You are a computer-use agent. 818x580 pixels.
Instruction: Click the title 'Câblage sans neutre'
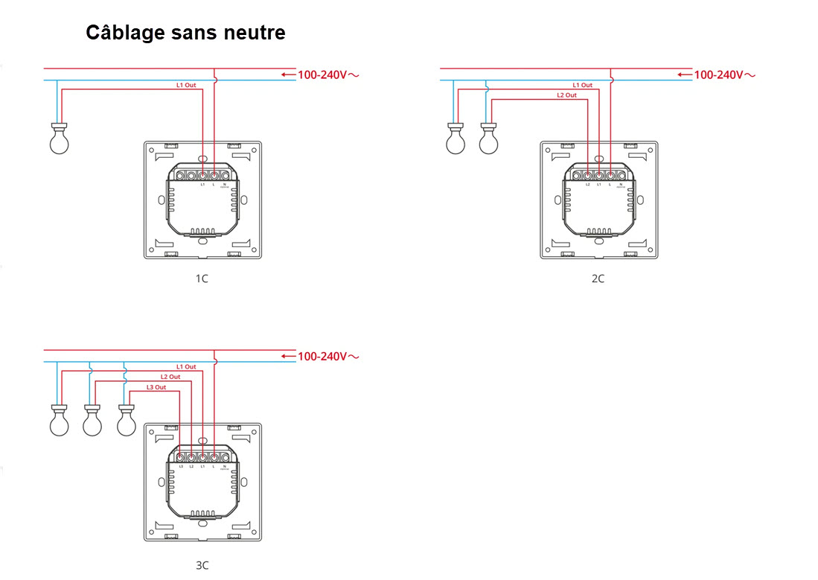click(x=185, y=33)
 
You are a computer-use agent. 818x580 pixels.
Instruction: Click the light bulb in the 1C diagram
click(x=58, y=139)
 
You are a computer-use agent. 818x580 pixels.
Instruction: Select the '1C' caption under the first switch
click(x=202, y=278)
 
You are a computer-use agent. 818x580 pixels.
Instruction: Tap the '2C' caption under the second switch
click(x=598, y=278)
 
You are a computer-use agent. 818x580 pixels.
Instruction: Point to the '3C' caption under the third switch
click(x=202, y=565)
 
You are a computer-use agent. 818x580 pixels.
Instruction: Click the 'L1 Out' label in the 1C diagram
click(x=186, y=86)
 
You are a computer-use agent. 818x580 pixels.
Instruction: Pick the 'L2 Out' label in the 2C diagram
click(x=566, y=95)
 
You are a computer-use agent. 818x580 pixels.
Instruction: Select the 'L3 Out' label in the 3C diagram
click(x=156, y=387)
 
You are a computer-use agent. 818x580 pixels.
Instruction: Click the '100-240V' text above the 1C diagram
click(x=322, y=74)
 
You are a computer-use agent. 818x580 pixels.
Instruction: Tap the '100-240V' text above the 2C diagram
click(x=718, y=74)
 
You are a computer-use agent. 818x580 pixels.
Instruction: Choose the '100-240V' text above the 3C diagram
click(x=322, y=357)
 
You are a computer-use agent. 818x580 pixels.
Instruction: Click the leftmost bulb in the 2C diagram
click(x=454, y=139)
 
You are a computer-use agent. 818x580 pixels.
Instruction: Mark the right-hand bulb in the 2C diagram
click(x=488, y=139)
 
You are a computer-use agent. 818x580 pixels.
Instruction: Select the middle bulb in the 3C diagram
click(x=92, y=421)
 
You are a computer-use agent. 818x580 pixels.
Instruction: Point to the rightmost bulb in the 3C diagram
click(x=127, y=421)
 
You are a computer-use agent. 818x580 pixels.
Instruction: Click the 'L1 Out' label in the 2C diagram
click(x=582, y=86)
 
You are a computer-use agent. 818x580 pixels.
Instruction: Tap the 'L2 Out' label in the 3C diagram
click(x=170, y=377)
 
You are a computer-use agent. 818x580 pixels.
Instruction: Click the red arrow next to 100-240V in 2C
click(x=684, y=74)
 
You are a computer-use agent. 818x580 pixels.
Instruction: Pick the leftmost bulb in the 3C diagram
click(x=58, y=421)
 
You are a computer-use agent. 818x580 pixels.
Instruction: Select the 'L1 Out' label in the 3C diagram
click(x=186, y=367)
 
